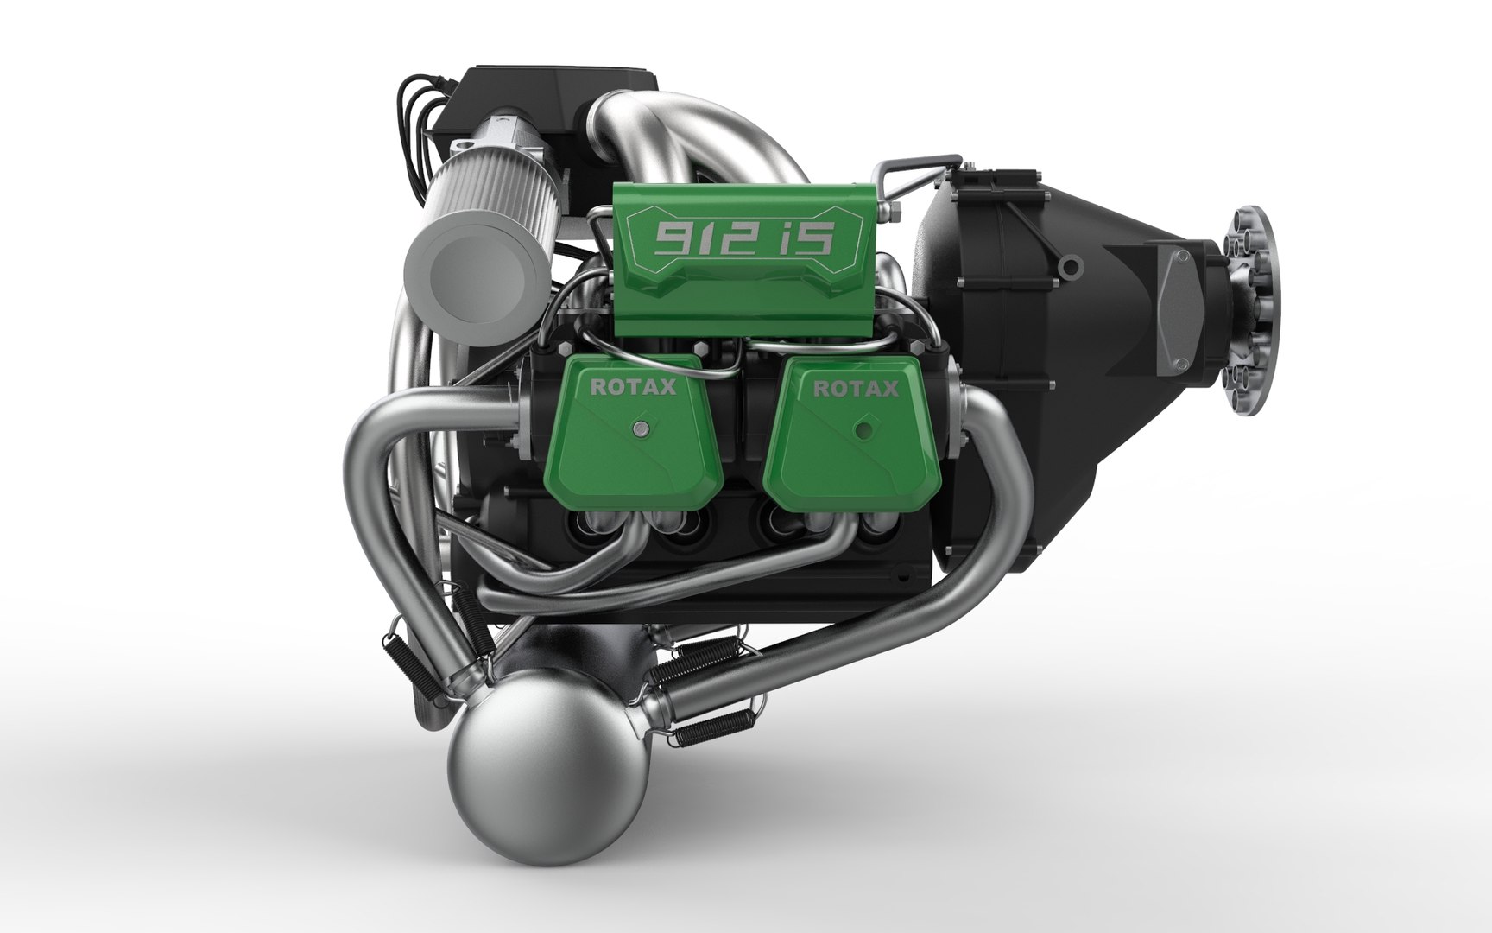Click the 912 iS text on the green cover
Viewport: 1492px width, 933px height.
[x=743, y=237]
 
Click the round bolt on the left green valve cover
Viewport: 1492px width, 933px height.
[x=640, y=429]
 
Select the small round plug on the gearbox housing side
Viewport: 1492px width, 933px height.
[x=1071, y=263]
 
